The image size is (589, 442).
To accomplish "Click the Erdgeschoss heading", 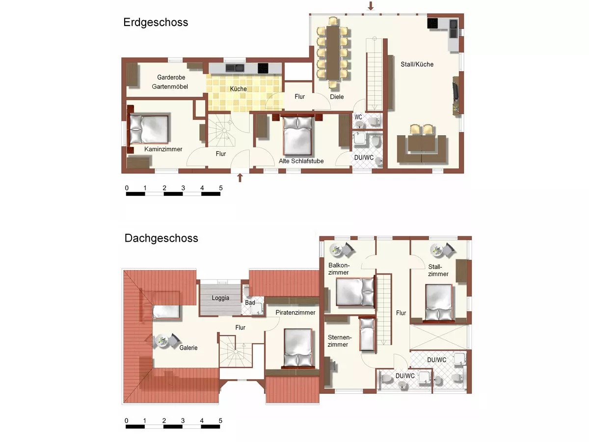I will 156,23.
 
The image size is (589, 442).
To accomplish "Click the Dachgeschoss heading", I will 161,238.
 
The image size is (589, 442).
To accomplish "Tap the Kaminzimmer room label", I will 163,149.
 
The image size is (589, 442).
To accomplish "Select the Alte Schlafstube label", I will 298,161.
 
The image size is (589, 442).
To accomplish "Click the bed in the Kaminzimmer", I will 149,129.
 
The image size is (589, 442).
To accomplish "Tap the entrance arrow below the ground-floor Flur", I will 240,177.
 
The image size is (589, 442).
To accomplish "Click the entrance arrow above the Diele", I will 371,6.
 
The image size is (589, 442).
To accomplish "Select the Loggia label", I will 220,298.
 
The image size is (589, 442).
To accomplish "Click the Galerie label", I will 188,348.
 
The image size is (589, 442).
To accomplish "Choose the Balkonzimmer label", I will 339,269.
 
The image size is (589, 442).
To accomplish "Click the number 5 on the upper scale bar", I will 221,188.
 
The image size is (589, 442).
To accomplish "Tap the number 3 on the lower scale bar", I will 183,421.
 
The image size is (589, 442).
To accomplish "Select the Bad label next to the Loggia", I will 250,303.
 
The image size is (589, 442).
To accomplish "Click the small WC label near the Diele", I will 358,117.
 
